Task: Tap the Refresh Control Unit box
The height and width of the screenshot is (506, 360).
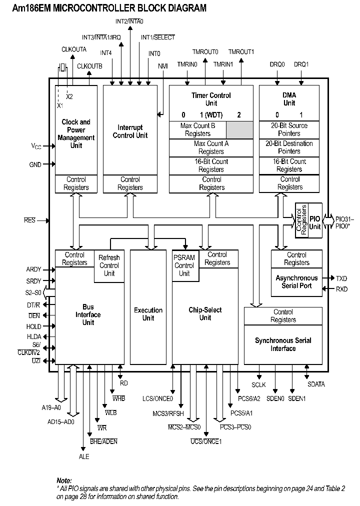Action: [109, 265]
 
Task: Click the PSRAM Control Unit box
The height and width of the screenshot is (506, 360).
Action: [184, 265]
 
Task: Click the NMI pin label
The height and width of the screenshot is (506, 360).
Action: [163, 66]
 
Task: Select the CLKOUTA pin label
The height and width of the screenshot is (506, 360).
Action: [74, 49]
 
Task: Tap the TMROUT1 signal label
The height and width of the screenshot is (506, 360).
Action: [241, 51]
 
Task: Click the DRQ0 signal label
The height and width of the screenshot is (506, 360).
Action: [277, 64]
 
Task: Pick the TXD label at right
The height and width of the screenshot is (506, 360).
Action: [341, 278]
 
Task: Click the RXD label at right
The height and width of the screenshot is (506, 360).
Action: [341, 288]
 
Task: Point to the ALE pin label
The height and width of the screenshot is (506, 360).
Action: [83, 456]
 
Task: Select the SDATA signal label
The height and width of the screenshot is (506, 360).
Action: [315, 384]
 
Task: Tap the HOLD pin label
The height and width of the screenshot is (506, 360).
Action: [33, 326]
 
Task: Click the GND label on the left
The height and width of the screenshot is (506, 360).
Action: [35, 164]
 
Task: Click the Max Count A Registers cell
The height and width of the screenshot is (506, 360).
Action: [211, 147]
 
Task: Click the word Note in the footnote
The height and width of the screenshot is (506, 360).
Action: [64, 480]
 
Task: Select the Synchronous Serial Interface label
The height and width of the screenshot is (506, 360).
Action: [283, 344]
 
